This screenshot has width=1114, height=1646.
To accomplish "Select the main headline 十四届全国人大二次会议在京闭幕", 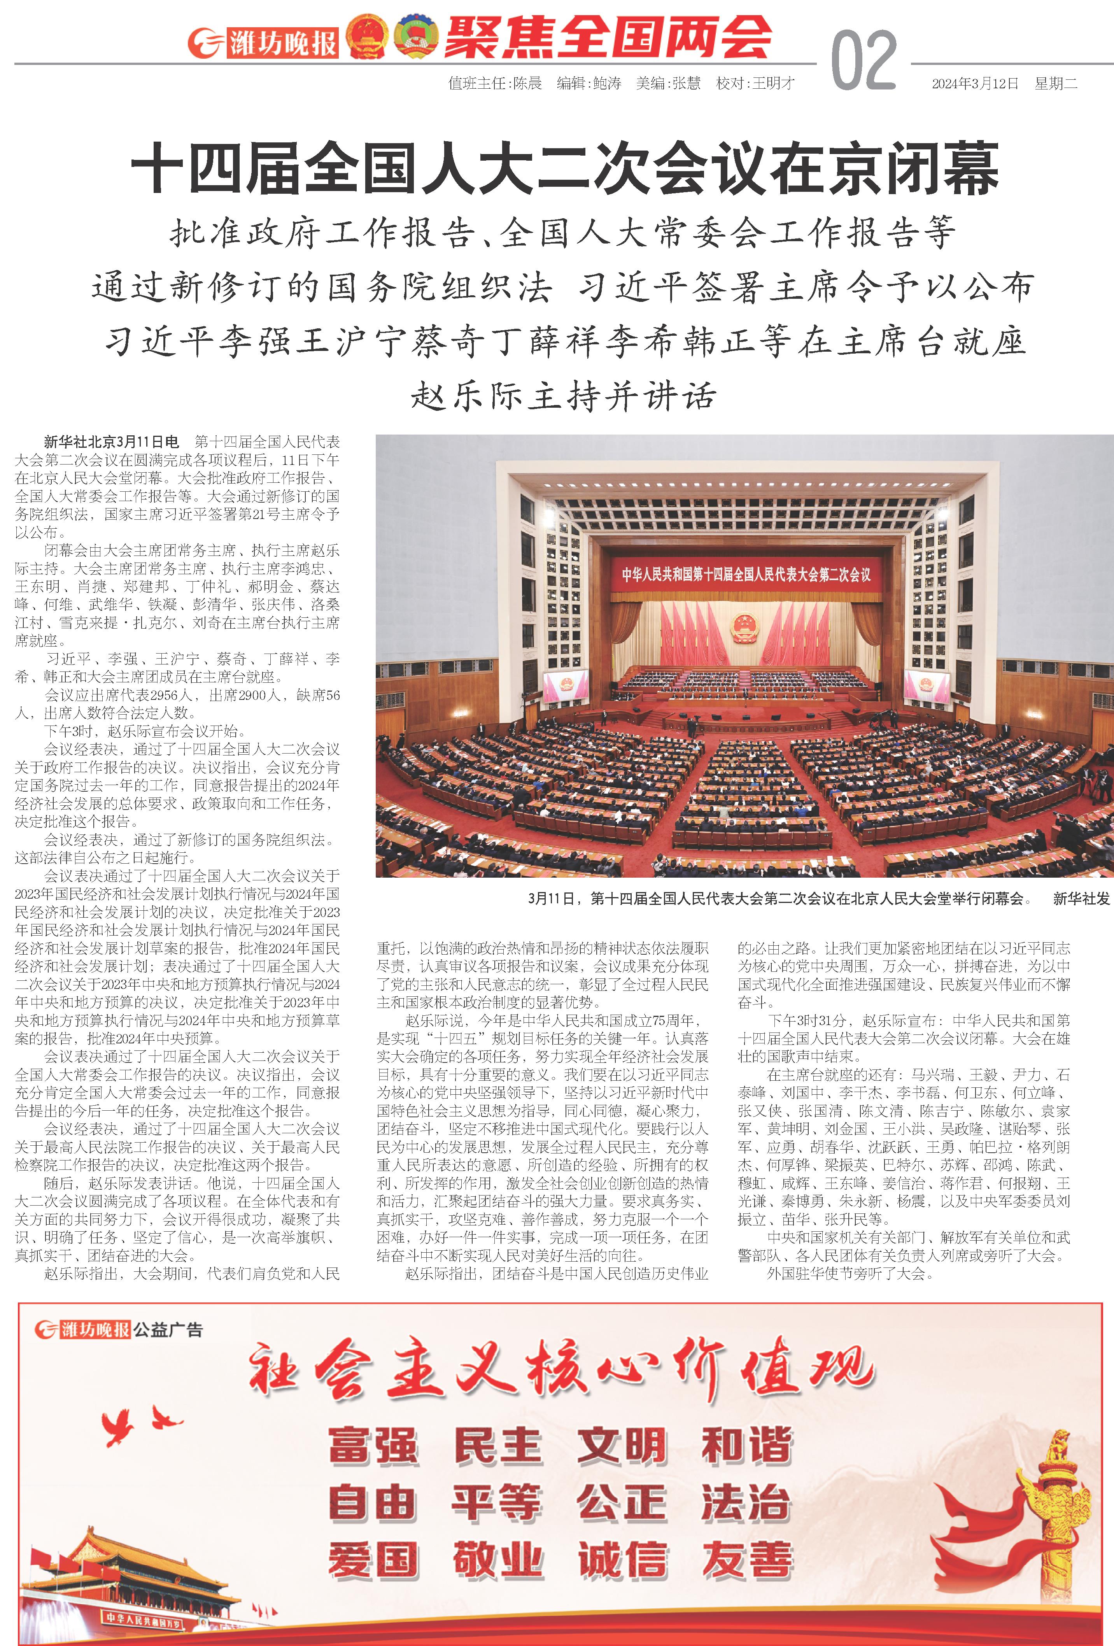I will (x=564, y=168).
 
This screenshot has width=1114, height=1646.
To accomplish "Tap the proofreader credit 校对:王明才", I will (x=755, y=84).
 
